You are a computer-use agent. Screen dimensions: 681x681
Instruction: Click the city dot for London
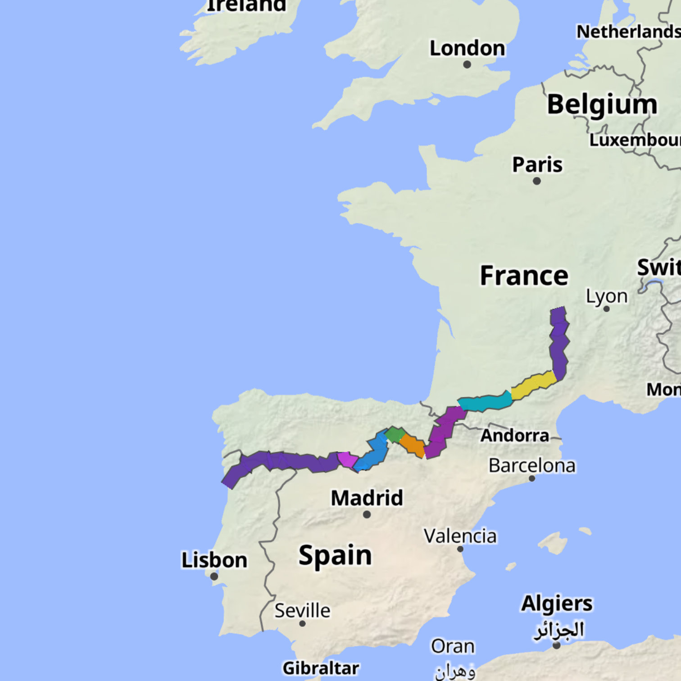pyautogui.click(x=467, y=64)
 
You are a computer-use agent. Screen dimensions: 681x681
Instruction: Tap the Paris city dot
pyautogui.click(x=536, y=181)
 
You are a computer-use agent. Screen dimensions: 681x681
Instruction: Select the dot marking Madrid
pyautogui.click(x=367, y=514)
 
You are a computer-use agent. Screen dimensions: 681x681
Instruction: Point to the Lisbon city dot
pyautogui.click(x=214, y=576)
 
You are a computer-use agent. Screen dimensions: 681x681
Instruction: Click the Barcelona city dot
pyautogui.click(x=532, y=478)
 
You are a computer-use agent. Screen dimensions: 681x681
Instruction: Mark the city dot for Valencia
pyautogui.click(x=460, y=549)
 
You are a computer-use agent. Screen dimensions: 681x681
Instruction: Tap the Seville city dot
pyautogui.click(x=302, y=623)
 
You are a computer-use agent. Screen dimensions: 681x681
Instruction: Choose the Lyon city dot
pyautogui.click(x=606, y=309)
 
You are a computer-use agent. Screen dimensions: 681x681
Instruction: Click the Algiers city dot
pyautogui.click(x=557, y=645)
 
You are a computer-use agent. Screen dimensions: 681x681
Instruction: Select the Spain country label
pyautogui.click(x=335, y=555)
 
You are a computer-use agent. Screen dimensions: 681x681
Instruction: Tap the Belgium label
pyautogui.click(x=602, y=104)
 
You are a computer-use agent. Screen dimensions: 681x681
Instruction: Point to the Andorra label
pyautogui.click(x=515, y=436)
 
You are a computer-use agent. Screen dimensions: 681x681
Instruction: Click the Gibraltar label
pyautogui.click(x=321, y=668)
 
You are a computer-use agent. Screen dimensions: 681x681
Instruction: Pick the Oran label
pyautogui.click(x=453, y=646)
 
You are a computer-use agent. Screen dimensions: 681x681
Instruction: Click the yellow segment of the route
pyautogui.click(x=534, y=385)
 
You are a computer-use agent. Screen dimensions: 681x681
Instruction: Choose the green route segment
pyautogui.click(x=395, y=434)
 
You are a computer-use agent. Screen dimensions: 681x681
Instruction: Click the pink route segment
pyautogui.click(x=347, y=459)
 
